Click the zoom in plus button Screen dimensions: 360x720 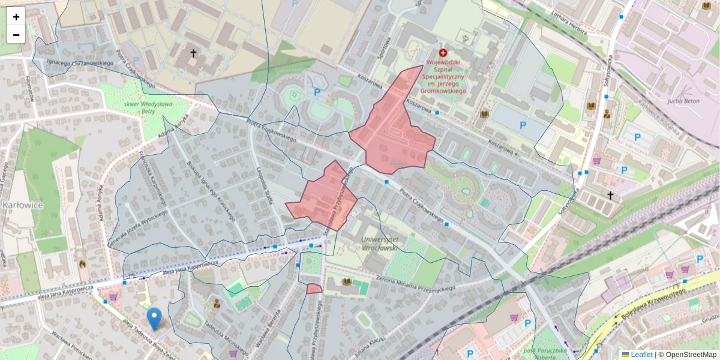pos(16,17)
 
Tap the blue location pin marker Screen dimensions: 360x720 pos(154,319)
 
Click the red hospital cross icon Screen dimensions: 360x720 pos(443,53)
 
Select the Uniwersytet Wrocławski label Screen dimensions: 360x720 pos(384,242)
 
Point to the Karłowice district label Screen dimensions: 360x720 pos(22,205)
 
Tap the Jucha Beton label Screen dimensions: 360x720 pos(683,101)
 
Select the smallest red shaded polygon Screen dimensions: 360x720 pos(314,289)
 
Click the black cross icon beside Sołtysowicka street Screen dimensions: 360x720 pos(610,195)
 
